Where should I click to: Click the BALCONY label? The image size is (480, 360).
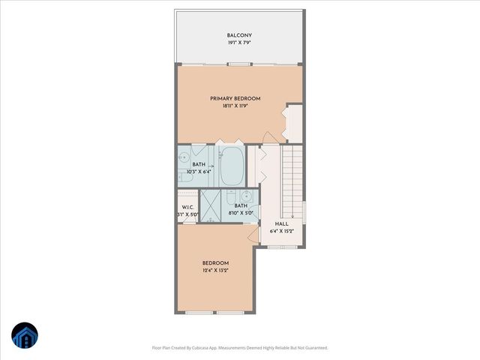click(x=239, y=35)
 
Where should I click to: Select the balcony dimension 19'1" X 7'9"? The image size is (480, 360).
click(x=239, y=43)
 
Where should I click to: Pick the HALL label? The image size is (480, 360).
click(x=282, y=223)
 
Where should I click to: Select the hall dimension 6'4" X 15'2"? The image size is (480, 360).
click(x=282, y=232)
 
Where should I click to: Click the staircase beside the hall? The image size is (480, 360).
click(x=292, y=176)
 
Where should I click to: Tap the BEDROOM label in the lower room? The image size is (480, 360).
click(x=215, y=262)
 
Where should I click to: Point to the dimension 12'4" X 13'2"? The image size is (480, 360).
click(x=215, y=270)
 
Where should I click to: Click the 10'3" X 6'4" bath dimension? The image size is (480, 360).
click(x=199, y=172)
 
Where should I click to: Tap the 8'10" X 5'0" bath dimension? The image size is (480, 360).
click(x=241, y=213)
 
